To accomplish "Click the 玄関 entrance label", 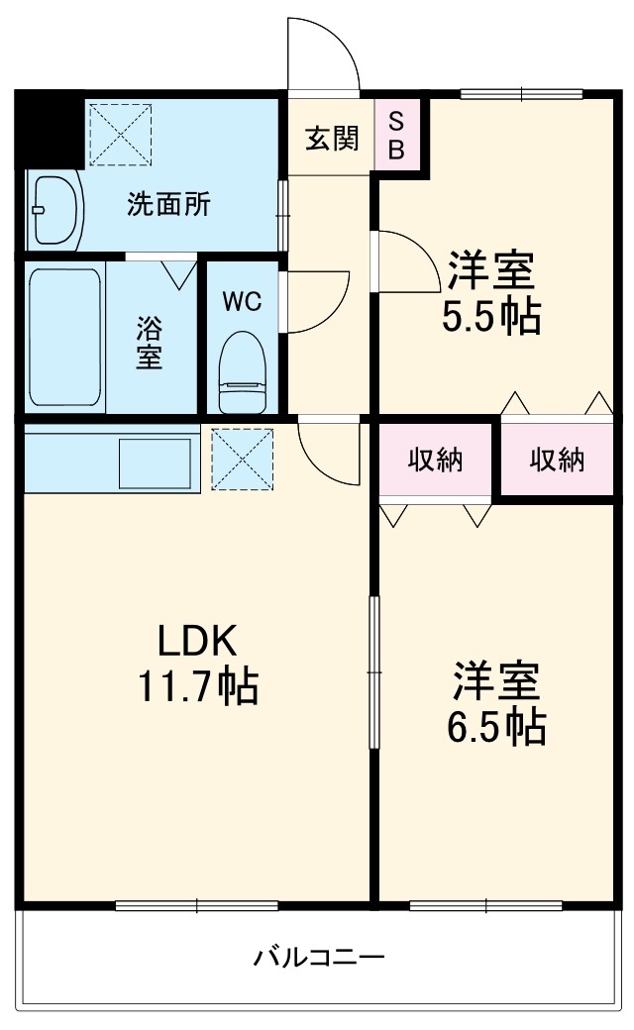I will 331,139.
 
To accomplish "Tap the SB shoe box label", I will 395,135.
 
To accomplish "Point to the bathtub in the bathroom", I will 63,338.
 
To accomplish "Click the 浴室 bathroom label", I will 150,341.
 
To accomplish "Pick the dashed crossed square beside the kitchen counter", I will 243,459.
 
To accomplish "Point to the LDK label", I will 196,642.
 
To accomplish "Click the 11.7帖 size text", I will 196,685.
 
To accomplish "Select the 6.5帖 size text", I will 495,728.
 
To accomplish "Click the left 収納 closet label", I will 436,461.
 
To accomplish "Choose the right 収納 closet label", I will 556,461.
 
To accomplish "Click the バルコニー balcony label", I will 318,957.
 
